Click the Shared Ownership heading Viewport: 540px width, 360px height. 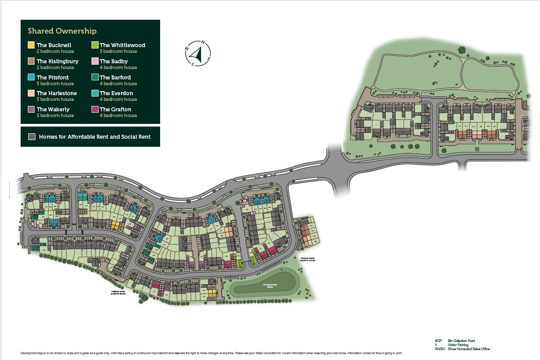point(62,31)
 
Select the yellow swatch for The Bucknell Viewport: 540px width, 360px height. point(31,45)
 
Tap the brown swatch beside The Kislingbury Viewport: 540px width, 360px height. point(31,61)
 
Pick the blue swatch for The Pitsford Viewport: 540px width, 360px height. point(31,77)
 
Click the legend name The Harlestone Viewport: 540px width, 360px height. point(57,93)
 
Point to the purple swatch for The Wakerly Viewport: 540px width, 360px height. point(31,109)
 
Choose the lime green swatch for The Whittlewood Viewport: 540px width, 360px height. point(95,45)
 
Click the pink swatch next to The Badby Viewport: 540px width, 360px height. point(95,61)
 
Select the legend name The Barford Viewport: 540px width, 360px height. point(115,77)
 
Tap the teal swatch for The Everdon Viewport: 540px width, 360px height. point(95,93)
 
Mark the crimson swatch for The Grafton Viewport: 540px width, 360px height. point(95,109)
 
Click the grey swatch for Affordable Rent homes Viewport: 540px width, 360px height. point(31,136)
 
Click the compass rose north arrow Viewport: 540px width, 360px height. point(196,53)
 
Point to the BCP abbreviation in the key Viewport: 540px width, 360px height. point(438,341)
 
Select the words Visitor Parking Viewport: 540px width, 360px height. point(458,345)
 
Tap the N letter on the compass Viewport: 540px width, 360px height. point(203,43)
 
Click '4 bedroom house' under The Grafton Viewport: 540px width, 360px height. point(118,115)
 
